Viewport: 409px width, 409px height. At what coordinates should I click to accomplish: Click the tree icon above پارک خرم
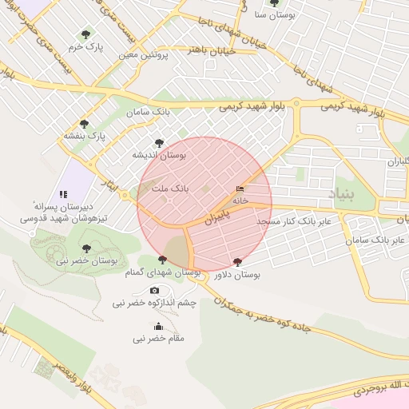86,34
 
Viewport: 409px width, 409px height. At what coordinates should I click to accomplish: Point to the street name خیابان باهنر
210,50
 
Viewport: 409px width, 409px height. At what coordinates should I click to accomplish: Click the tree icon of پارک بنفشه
84,124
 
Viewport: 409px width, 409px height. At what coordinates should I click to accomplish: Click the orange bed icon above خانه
240,189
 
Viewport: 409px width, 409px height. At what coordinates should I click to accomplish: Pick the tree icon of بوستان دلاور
237,262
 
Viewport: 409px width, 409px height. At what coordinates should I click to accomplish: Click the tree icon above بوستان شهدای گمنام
162,260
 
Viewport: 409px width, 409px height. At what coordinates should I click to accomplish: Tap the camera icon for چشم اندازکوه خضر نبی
154,292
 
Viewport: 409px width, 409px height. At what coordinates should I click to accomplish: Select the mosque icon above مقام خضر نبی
158,326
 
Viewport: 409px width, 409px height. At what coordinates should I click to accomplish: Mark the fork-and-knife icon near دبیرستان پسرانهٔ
63,193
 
